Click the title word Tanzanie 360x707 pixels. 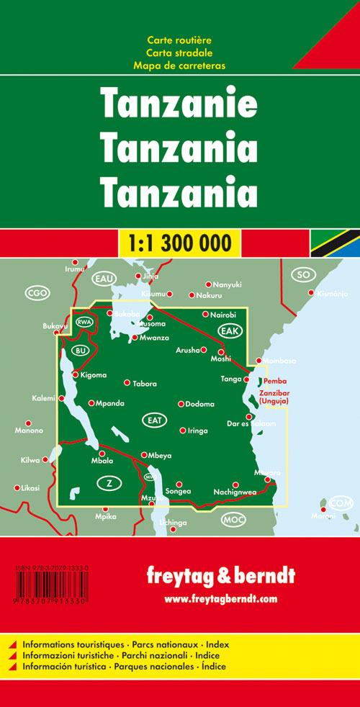click(x=179, y=105)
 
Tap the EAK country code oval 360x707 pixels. click(x=230, y=330)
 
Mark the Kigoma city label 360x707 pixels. click(x=94, y=375)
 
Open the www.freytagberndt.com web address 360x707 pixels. click(x=220, y=598)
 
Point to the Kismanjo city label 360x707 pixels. click(x=332, y=293)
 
